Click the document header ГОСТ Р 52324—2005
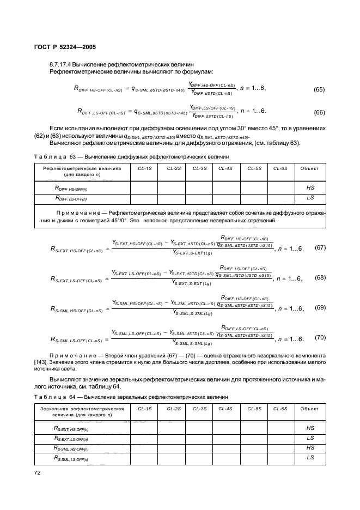(x=59, y=47)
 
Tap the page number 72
(x=37, y=474)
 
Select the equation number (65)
(x=319, y=88)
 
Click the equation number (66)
(x=319, y=112)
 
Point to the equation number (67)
(x=320, y=248)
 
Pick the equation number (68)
(x=320, y=278)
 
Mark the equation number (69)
(x=320, y=308)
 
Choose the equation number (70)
(x=320, y=338)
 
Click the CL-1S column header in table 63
(x=144, y=168)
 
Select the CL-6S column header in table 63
(x=280, y=168)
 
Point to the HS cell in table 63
(x=310, y=187)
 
